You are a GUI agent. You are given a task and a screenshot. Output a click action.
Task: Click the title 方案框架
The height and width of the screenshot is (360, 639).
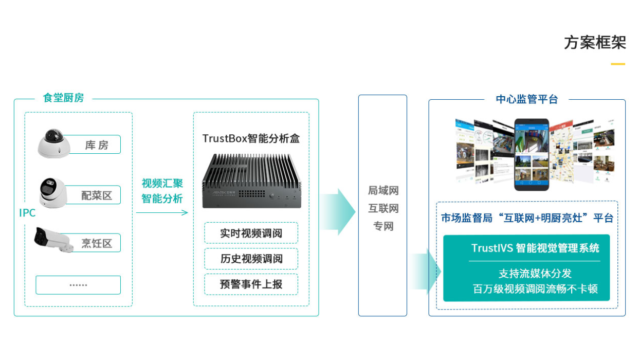pos(595,43)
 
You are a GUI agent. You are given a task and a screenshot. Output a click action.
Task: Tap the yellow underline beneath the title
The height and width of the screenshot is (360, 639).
pos(618,64)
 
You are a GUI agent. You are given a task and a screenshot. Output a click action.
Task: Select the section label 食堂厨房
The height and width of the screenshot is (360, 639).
pos(63,98)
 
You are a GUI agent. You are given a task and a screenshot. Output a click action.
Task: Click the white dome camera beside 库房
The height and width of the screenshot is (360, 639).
pos(53,143)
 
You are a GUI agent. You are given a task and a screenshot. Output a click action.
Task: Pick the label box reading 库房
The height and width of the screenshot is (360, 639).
pos(96,145)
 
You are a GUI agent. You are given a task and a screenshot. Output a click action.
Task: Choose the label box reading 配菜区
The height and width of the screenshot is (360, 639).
pos(96,195)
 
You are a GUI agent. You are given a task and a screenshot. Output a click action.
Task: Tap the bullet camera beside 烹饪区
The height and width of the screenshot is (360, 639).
pos(52,240)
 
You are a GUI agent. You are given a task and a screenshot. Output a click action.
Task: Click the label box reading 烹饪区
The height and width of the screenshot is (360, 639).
pos(96,243)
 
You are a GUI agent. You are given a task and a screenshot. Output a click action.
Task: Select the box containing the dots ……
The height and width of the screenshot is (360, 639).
pos(78,285)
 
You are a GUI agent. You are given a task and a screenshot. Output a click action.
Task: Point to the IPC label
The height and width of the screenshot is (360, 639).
pos(27,213)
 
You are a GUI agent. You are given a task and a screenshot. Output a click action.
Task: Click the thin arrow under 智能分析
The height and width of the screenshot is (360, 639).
pos(162,212)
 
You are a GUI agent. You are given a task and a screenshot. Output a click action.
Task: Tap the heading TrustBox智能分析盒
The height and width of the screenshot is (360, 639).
pos(251,138)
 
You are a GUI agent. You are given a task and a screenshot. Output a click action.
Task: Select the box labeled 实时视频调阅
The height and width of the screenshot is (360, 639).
pos(251,233)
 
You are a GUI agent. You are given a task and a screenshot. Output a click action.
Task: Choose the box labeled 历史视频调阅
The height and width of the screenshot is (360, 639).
pos(251,259)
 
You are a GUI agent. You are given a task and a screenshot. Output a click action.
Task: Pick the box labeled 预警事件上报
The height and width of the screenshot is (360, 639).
pos(251,284)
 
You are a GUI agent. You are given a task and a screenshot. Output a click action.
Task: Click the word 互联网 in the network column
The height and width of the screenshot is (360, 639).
pos(383,208)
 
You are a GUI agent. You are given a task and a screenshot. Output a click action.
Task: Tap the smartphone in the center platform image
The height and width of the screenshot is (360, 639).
pos(532,155)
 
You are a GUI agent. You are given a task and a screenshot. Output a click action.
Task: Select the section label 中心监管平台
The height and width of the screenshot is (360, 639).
pos(527,99)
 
